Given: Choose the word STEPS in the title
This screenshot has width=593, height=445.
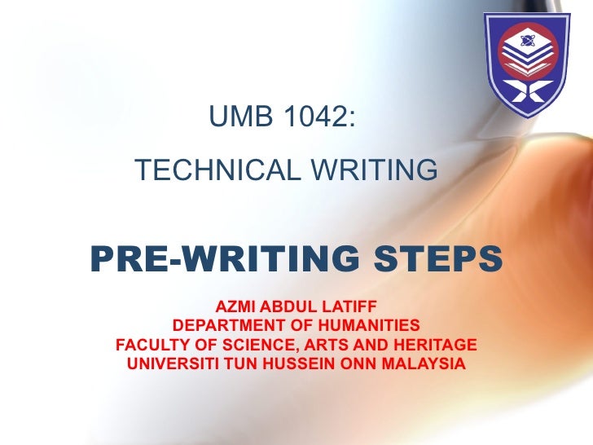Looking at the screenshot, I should [438, 259].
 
